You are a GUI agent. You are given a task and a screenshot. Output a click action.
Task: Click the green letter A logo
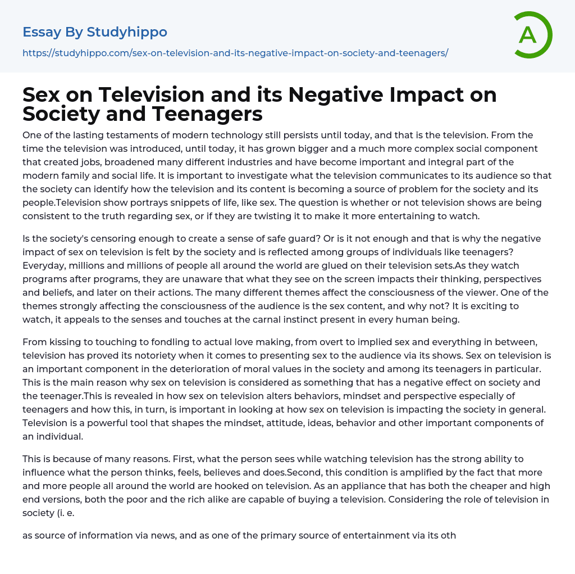click(x=532, y=35)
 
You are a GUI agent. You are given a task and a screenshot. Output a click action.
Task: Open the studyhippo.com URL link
click(x=235, y=53)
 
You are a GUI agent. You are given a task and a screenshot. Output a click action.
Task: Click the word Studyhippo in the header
click(x=127, y=32)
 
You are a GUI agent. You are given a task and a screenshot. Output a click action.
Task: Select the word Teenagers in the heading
click(x=207, y=114)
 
